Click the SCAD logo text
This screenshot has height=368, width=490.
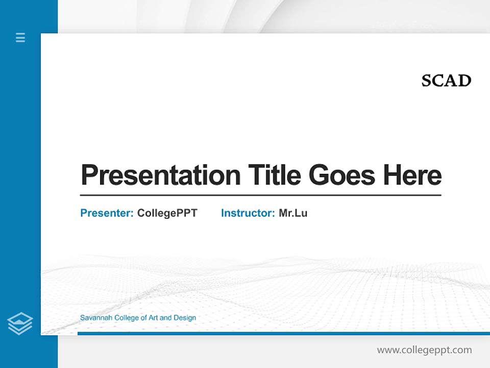446,81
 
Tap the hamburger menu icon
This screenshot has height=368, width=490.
20,37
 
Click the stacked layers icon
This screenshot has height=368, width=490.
20,324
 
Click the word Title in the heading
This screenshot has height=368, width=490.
275,175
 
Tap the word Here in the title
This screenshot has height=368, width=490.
412,175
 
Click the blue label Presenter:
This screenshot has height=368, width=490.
107,213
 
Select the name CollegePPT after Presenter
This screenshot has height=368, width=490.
167,213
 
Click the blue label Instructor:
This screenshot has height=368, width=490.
248,213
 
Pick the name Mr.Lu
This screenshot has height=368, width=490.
293,213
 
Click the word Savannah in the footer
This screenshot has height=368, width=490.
96,318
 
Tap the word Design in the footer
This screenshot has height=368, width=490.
185,318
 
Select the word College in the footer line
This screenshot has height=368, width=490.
127,318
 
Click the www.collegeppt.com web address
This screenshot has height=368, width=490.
424,350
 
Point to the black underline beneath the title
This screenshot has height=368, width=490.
260,195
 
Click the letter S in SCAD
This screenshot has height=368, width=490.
427,81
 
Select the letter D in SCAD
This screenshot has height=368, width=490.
464,81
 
